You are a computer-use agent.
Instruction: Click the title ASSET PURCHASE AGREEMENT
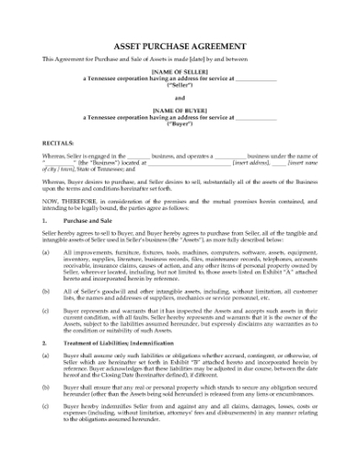179,45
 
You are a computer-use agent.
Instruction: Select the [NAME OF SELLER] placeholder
179,71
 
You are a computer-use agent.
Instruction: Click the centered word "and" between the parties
179,97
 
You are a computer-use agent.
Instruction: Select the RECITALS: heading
58,143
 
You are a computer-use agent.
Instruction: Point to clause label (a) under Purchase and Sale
47,252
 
